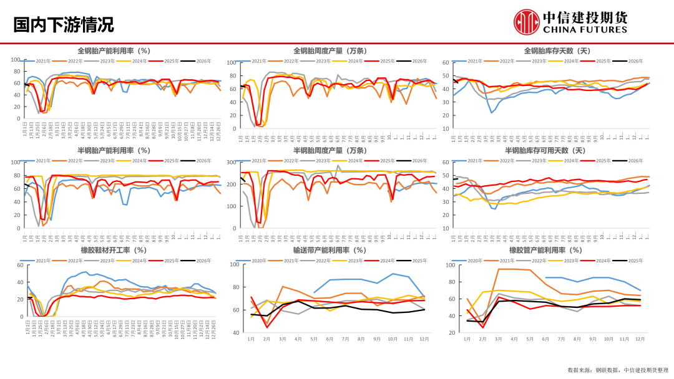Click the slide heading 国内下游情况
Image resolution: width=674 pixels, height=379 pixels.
click(x=64, y=24)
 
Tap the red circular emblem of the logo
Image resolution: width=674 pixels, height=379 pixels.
click(x=526, y=21)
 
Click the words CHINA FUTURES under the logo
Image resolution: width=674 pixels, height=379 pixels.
click(x=585, y=29)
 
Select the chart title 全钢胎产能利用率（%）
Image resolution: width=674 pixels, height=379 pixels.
click(x=114, y=50)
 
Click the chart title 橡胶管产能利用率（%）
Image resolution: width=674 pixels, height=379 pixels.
click(x=545, y=250)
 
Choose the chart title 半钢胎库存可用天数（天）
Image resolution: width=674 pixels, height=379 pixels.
click(x=545, y=150)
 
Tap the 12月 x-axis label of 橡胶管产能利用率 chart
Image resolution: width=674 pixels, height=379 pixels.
click(x=640, y=339)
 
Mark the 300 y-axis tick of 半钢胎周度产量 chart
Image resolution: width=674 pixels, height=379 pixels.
click(x=230, y=162)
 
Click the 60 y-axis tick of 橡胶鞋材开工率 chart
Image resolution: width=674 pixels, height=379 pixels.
click(x=19, y=265)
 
